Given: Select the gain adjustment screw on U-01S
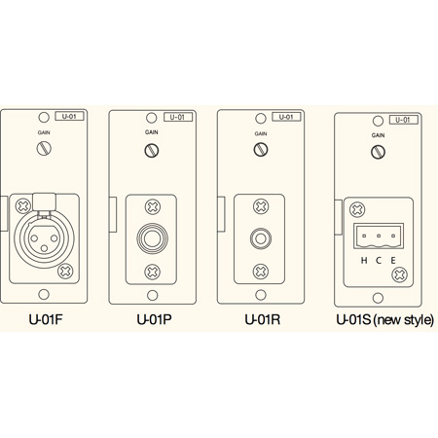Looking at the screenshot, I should coord(377,153).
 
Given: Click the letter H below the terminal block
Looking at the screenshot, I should coord(363,260).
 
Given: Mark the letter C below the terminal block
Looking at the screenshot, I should coord(377,260).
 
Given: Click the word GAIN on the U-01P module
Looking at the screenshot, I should coord(151,133).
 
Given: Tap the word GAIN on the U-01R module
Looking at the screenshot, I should coord(261,133).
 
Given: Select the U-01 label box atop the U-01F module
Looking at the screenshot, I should coord(67,117).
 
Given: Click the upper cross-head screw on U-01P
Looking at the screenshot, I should coord(151,207).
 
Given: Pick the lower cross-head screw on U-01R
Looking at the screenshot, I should coord(261,271).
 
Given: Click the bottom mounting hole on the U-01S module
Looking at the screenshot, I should coord(377,299).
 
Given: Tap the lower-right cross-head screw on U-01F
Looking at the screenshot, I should coord(65,270).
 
